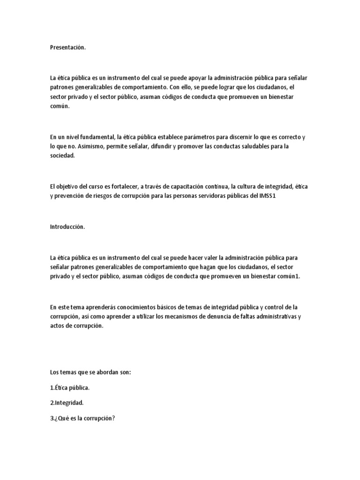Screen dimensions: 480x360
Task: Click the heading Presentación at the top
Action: click(68, 47)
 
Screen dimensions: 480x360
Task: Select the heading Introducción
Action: click(67, 227)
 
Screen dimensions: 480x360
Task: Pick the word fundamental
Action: click(97, 137)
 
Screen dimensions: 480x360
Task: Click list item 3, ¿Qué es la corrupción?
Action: click(82, 418)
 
